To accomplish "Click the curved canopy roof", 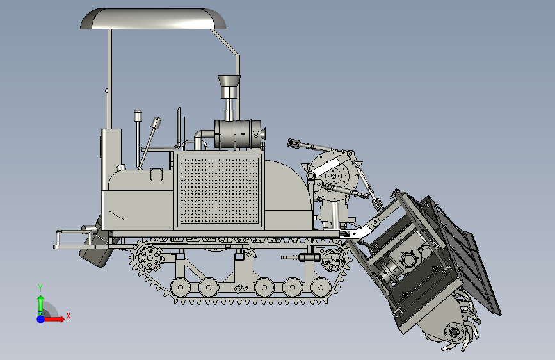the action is [x=153, y=19].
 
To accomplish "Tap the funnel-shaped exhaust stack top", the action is [x=229, y=81].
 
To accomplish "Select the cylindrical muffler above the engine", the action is [x=238, y=134].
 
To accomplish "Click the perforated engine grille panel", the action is [x=220, y=190].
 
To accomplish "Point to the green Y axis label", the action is [x=40, y=288].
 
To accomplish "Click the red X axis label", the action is [x=68, y=316].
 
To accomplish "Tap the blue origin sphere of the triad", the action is [x=41, y=319].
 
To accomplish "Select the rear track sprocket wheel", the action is [x=149, y=258].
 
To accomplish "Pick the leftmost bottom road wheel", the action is [x=181, y=287].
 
